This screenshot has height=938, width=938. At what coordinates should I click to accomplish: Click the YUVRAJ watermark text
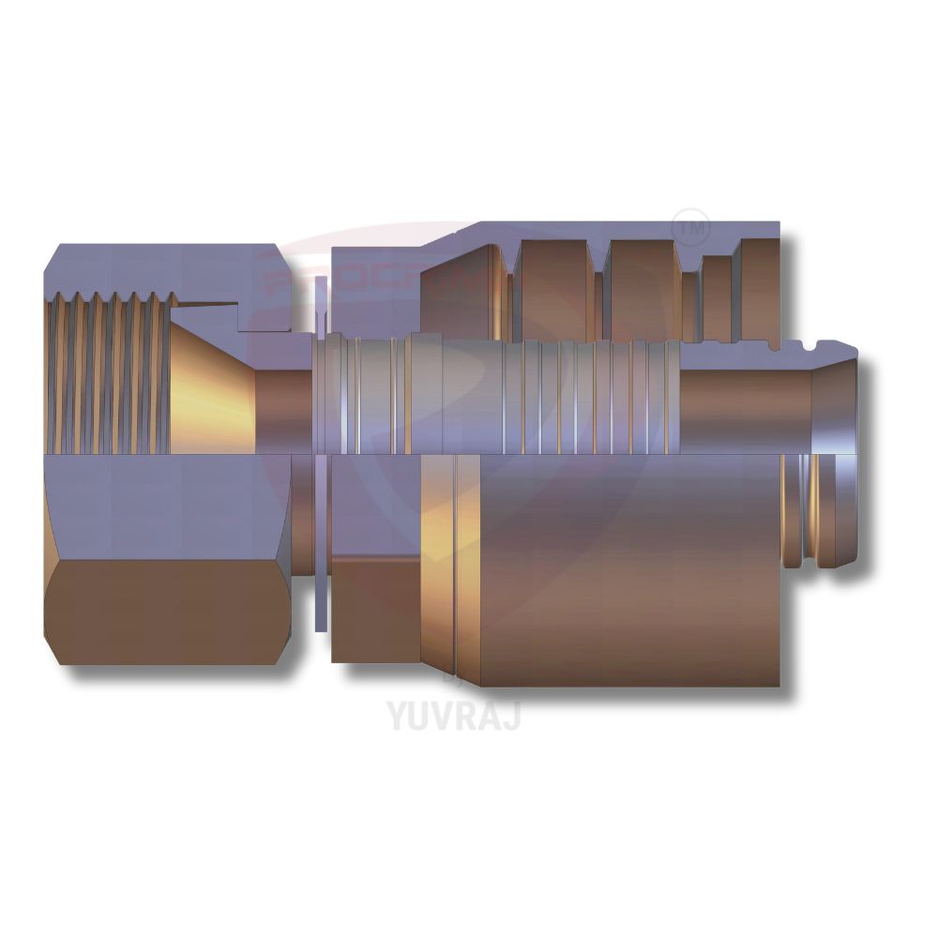453,715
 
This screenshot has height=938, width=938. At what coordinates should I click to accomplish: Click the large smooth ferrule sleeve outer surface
628,572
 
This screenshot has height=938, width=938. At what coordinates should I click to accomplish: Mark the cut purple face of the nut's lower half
159,507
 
